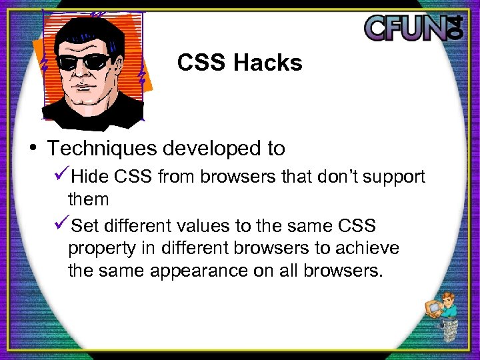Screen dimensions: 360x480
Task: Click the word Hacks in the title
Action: tap(268, 63)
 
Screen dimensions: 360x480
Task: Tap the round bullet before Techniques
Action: tap(33, 147)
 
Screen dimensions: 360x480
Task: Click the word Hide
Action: tap(91, 177)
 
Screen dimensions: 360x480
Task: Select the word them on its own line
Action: tap(88, 199)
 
